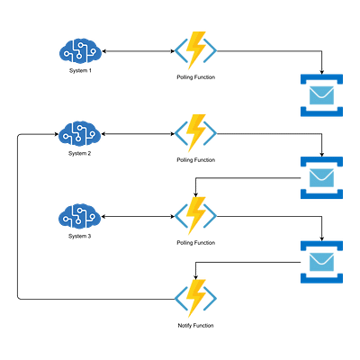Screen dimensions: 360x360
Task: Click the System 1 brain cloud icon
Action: tap(80, 51)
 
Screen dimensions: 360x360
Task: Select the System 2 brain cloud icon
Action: tap(79, 134)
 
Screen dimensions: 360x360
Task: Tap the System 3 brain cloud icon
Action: tap(79, 217)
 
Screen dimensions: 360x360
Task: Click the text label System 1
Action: tap(80, 71)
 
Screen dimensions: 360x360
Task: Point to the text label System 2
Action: tap(79, 154)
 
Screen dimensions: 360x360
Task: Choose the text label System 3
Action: tap(79, 237)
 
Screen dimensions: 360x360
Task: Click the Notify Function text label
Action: tap(195, 326)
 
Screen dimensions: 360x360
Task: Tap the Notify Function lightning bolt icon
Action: tap(195, 299)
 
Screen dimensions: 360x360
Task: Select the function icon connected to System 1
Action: tap(195, 50)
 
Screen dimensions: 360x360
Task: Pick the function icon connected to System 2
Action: tap(195, 133)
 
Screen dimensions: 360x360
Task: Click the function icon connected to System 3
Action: tap(195, 216)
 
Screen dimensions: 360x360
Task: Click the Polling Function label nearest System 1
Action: tap(196, 77)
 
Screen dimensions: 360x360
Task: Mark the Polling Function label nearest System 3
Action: tap(196, 243)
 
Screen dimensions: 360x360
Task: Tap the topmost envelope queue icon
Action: tap(321, 95)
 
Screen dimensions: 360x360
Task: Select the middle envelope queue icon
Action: tap(321, 177)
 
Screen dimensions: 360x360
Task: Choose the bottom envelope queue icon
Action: tap(321, 262)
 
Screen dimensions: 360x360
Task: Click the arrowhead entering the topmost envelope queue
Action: tap(321, 72)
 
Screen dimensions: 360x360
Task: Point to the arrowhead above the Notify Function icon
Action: tap(195, 277)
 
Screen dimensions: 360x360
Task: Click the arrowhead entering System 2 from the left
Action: tap(57, 134)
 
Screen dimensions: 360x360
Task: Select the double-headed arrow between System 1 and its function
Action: tap(138, 51)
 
